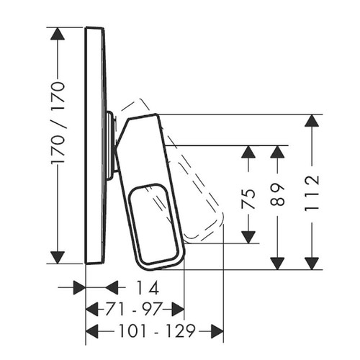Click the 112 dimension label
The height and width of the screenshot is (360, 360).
tap(312, 194)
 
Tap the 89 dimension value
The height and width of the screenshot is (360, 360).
tap(277, 194)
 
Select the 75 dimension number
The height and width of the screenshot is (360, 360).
tap(248, 198)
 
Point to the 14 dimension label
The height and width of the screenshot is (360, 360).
tap(148, 287)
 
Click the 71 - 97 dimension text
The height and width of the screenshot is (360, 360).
tap(132, 309)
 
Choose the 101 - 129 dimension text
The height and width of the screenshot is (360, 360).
tap(157, 331)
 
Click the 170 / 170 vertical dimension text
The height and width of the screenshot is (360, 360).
tap(58, 123)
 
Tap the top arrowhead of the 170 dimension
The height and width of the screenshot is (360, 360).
tap(58, 34)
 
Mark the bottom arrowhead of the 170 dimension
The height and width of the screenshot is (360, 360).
tap(58, 258)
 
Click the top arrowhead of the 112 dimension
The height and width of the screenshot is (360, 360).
tap(312, 121)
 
